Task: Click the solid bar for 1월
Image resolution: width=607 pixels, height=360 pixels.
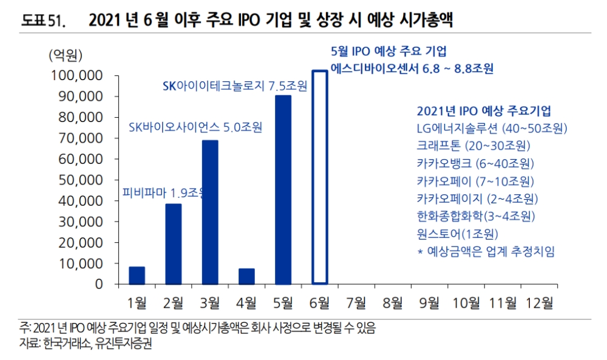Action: point(137,276)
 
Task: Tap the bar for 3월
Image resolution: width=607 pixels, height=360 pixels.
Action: point(210,212)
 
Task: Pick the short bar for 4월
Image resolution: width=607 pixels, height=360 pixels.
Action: point(246,276)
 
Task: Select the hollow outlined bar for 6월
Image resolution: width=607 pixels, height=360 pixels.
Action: point(320,177)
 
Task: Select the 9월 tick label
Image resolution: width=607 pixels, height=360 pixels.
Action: point(429,302)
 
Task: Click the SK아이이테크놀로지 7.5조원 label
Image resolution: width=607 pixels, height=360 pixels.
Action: point(235,86)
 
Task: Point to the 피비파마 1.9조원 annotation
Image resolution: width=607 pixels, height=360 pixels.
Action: point(164,193)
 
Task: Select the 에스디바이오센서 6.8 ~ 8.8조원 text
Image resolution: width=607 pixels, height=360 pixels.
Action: point(412,69)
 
